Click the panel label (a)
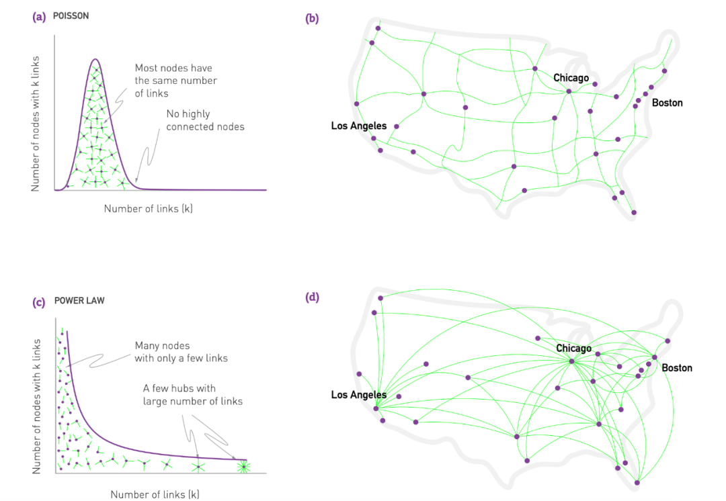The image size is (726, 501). (x=39, y=17)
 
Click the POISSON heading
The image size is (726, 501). (x=71, y=15)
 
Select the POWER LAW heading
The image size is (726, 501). (x=79, y=301)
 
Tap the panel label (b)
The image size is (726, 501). (x=312, y=19)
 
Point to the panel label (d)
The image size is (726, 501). (x=312, y=297)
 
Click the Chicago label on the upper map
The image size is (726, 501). (x=571, y=78)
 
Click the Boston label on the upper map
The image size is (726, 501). (x=668, y=103)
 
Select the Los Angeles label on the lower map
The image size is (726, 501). (x=359, y=395)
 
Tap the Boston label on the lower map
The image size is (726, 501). (x=677, y=368)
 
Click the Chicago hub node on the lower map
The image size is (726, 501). (x=572, y=361)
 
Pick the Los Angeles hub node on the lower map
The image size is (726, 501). (x=376, y=408)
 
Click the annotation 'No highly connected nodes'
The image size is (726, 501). (x=205, y=120)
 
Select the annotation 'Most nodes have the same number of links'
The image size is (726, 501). (x=176, y=81)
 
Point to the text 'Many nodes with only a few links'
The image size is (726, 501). (x=181, y=352)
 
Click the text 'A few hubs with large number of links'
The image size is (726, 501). (x=193, y=395)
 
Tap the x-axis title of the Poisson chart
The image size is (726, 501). (x=148, y=209)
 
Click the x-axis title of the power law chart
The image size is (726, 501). (x=155, y=494)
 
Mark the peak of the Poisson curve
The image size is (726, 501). (x=95, y=59)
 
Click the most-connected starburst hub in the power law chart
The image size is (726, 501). (x=243, y=467)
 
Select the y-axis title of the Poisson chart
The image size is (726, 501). (x=36, y=124)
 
